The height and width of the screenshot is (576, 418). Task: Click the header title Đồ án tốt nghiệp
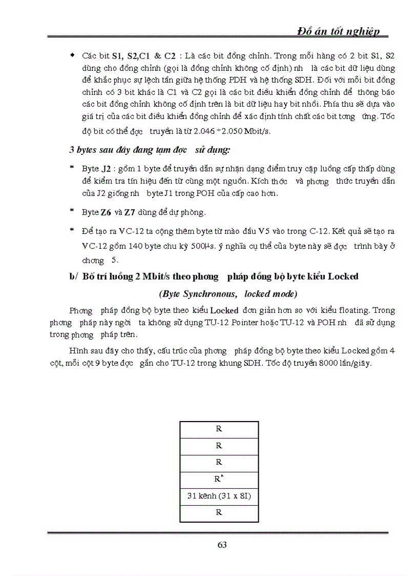339,31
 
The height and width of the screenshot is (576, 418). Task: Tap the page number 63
222,545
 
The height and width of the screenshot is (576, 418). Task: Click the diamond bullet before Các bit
73,54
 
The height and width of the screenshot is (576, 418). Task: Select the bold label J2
106,168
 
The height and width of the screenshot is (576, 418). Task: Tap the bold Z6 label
106,212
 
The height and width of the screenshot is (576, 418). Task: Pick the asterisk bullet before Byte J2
72,168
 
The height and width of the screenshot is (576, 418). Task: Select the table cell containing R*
219,480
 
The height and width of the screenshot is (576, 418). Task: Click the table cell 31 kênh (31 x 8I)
219,496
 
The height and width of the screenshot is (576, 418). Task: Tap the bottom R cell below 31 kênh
219,512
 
